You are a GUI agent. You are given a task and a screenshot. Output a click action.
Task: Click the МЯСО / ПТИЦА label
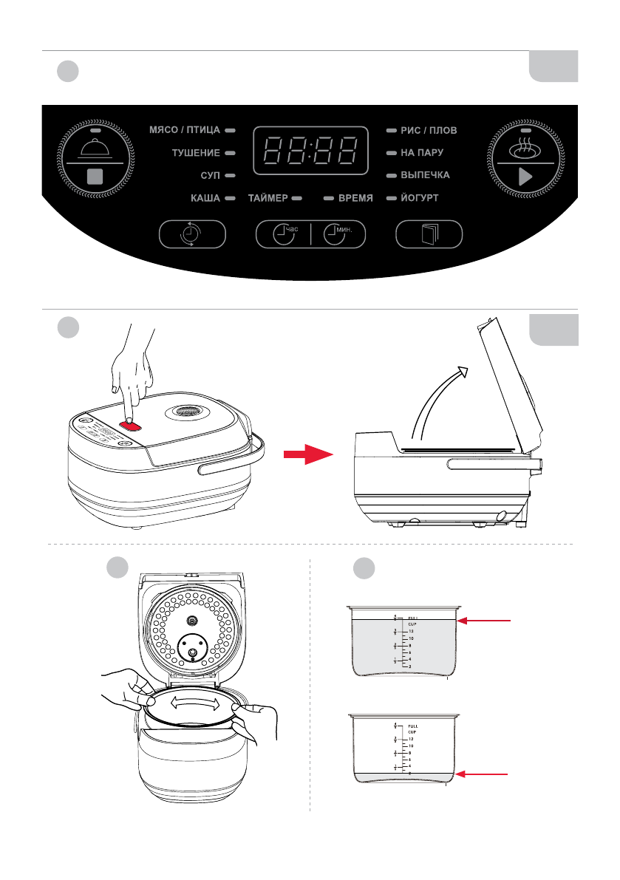[x=185, y=130]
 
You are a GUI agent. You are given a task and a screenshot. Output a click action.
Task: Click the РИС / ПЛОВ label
[x=429, y=130]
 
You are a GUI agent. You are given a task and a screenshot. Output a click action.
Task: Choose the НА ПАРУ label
[x=422, y=153]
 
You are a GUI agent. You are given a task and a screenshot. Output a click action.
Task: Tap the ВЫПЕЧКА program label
[x=425, y=176]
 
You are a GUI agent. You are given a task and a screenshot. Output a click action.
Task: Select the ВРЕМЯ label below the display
[x=355, y=199]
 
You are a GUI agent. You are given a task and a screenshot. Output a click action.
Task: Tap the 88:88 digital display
[x=310, y=151]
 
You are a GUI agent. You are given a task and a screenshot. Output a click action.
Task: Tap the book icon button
[x=429, y=235]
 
